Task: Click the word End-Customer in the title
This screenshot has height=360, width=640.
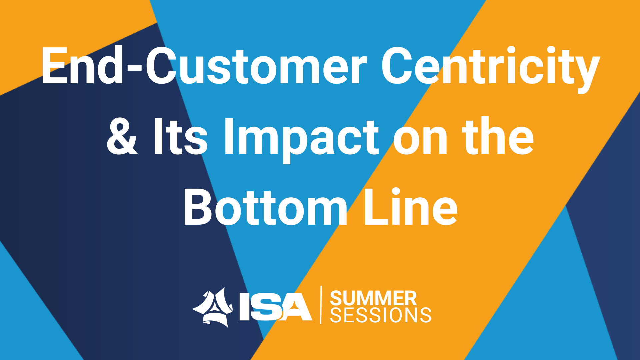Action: [204, 66]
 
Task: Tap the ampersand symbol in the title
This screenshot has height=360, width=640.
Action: [122, 136]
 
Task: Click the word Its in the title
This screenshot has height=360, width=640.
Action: [180, 136]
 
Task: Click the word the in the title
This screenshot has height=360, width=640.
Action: [498, 136]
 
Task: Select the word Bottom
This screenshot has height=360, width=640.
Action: [265, 207]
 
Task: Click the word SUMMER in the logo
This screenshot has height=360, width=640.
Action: [373, 298]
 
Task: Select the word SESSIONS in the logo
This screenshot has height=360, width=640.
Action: [381, 315]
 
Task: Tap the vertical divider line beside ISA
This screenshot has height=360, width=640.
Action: [321, 305]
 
